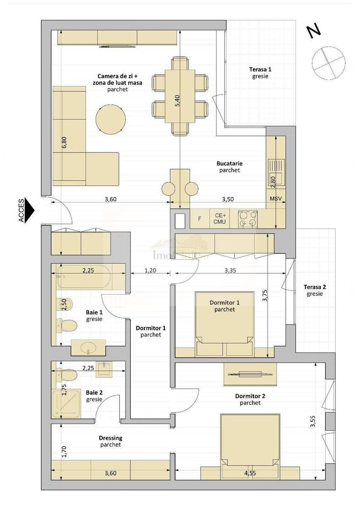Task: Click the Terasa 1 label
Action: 260,72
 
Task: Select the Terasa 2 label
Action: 315,290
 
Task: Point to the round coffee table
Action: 110,119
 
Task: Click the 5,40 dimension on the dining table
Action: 177,101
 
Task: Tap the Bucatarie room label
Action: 229,167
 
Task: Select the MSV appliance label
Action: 276,199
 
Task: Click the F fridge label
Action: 200,219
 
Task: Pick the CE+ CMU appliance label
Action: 220,218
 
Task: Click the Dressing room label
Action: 110,441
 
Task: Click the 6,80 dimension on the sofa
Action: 64,143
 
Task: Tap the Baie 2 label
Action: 94,395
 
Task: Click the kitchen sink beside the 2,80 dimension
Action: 276,166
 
